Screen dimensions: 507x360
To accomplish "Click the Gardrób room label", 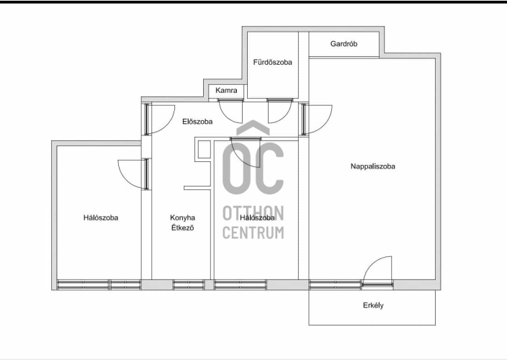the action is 344,44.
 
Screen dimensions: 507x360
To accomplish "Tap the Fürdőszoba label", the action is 272,62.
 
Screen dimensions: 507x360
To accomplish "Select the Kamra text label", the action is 226,90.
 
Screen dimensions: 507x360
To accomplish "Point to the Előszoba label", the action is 197,122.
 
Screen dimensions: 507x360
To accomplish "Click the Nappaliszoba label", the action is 373,166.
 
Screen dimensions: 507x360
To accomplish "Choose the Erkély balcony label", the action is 373,305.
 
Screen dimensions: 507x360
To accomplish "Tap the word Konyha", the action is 182,217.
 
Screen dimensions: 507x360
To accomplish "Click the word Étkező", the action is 182,228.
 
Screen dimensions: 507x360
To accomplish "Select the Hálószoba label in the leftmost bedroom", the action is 101,217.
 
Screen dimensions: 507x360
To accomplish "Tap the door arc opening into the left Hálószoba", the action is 125,179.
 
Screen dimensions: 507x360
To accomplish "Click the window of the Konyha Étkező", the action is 189,284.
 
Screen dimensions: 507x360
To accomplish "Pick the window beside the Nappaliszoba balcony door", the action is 335,284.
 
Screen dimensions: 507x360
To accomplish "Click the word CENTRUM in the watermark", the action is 253,233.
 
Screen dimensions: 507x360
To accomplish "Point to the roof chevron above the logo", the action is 253,127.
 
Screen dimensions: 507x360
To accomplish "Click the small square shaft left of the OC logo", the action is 204,149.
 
